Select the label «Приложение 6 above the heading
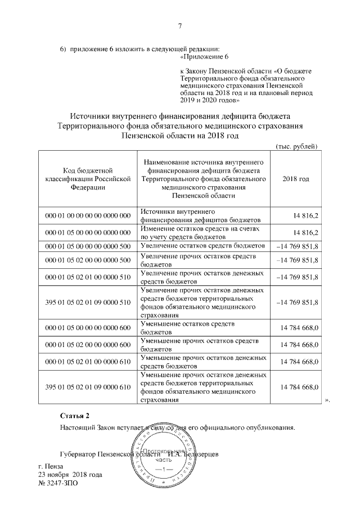[204, 57]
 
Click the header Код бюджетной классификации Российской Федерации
[88, 179]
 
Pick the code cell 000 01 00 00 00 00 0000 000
[88, 216]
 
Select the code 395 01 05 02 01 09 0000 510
[88, 303]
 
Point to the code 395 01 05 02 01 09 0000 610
[88, 387]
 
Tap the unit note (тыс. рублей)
[297, 146]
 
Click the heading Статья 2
[75, 416]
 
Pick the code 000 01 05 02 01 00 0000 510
[88, 276]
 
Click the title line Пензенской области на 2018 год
[180, 136]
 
